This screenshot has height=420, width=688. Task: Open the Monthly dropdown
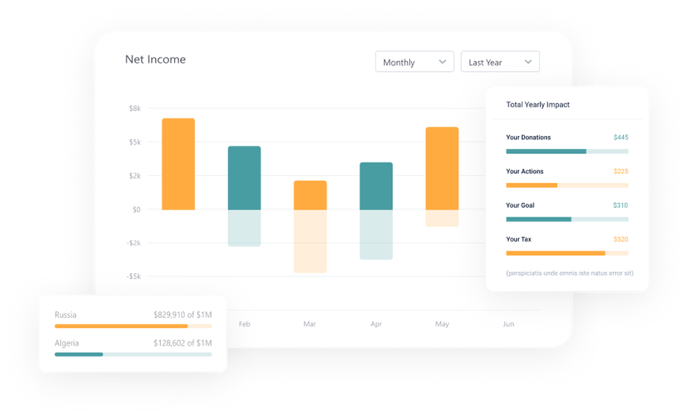pos(414,62)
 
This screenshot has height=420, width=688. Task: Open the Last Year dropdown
pos(500,62)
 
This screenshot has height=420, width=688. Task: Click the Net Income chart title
pos(155,60)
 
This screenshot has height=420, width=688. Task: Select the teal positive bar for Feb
pos(244,178)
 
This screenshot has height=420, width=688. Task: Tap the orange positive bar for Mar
pos(310,195)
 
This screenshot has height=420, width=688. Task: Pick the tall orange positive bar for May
pos(442,169)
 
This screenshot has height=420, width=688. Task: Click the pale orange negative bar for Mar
pos(310,241)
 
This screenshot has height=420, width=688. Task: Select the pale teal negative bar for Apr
pos(376,235)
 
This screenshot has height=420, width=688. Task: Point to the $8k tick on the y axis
pos(135,109)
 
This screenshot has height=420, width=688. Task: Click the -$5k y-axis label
pos(133,277)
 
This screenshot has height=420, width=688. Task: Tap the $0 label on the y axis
pos(136,210)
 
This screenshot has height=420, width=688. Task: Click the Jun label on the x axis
pos(508,324)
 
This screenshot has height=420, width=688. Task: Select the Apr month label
pos(376,324)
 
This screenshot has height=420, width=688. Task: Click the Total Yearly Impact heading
pos(537,105)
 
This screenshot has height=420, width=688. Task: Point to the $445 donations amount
pos(620,138)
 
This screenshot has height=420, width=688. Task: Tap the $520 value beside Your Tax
pos(620,239)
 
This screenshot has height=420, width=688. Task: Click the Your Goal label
pos(520,205)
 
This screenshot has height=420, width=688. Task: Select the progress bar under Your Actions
pos(567,185)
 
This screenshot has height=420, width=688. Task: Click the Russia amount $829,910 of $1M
pos(182,315)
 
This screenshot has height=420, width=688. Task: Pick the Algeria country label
pos(66,343)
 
